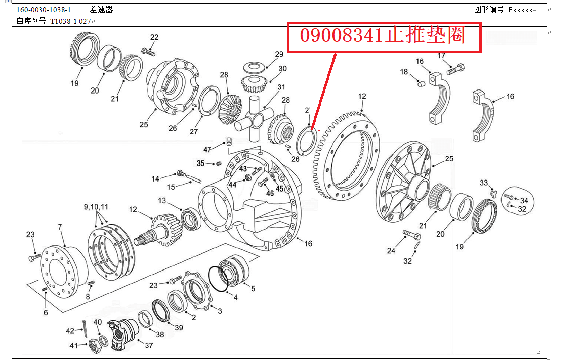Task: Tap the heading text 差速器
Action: click(101, 10)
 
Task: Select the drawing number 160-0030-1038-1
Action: click(43, 10)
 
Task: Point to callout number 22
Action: click(154, 37)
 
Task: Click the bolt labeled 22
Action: click(148, 52)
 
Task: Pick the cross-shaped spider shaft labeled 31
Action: click(255, 118)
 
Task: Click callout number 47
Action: click(207, 150)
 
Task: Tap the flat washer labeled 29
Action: click(254, 67)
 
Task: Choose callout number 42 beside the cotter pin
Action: click(70, 330)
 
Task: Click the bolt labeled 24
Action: click(412, 235)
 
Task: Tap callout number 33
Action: click(484, 183)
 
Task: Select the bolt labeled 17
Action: click(456, 69)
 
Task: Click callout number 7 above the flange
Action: click(60, 227)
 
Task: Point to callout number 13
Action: click(162, 200)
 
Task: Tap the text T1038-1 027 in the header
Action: click(70, 21)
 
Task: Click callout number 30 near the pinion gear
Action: click(282, 69)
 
